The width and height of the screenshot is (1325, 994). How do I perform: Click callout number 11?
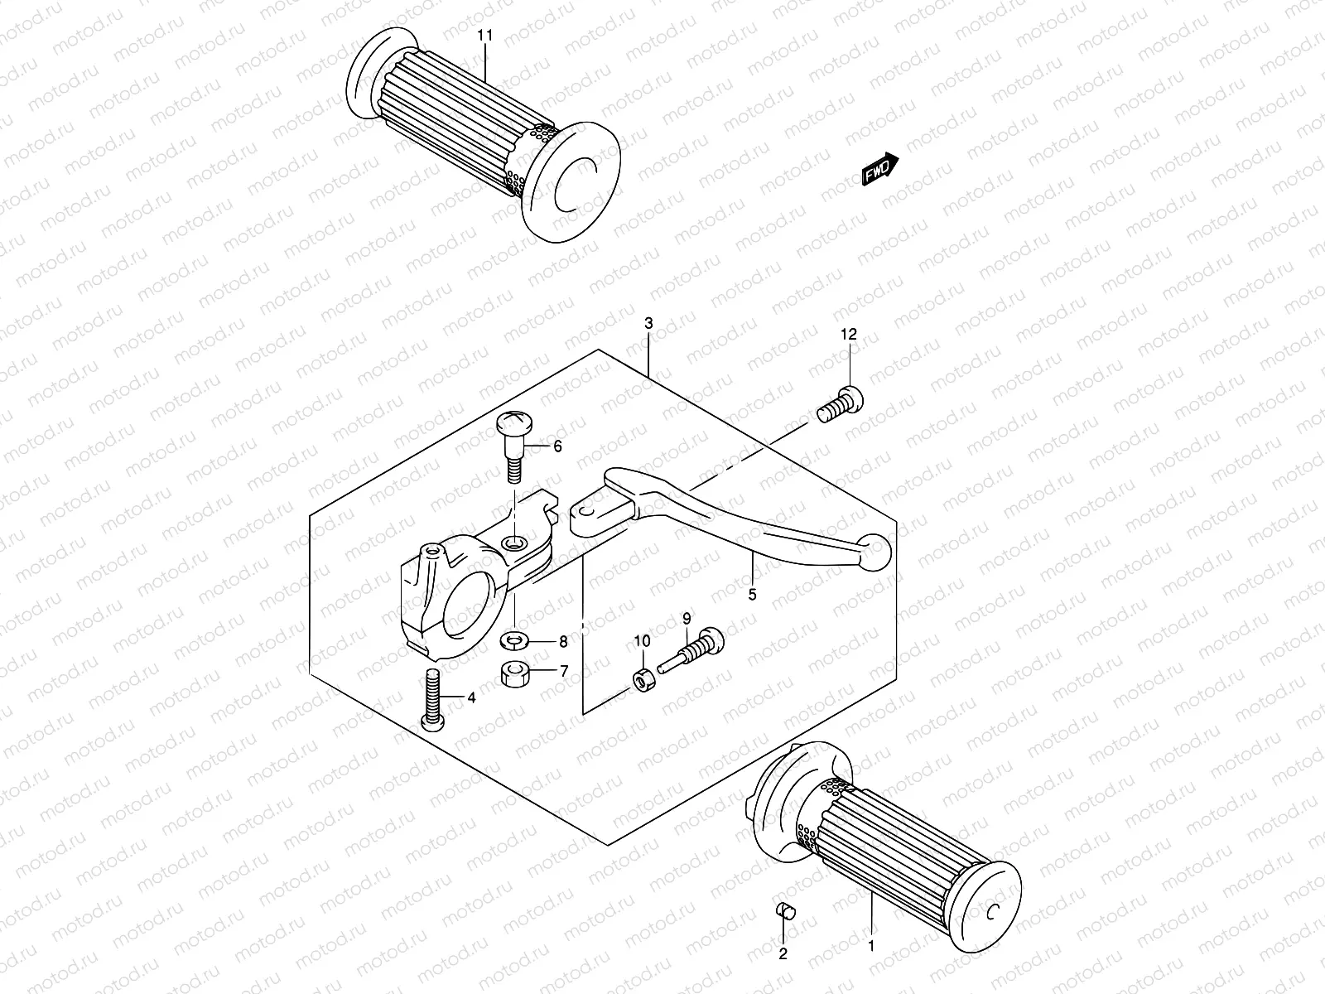click(x=485, y=36)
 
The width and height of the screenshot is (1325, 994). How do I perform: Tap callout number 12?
click(x=849, y=334)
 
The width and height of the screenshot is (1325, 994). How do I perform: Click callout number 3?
click(x=648, y=323)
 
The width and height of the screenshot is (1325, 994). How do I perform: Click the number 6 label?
click(x=557, y=446)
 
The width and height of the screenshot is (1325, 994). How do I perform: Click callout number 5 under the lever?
click(x=752, y=593)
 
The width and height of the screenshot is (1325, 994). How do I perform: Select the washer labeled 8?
click(x=516, y=640)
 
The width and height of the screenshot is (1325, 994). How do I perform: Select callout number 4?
click(x=471, y=698)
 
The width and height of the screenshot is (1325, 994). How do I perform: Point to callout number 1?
click(x=870, y=943)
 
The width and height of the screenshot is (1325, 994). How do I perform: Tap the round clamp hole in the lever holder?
click(x=471, y=609)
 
